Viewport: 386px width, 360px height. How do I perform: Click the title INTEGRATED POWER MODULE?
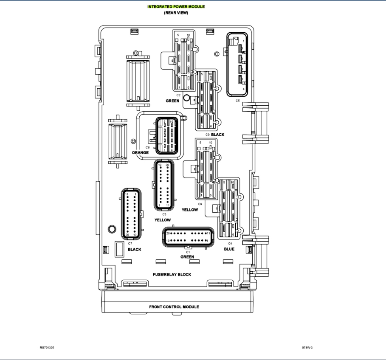(x=176, y=7)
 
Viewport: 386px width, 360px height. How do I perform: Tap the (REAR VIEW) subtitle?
(x=176, y=13)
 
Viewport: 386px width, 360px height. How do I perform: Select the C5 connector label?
(x=237, y=101)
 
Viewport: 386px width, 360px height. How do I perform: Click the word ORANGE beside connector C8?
(x=140, y=152)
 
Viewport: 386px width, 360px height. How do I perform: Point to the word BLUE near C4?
(x=229, y=249)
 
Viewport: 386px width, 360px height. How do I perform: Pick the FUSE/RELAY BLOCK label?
(x=172, y=274)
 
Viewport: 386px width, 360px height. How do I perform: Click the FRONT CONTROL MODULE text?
(x=174, y=307)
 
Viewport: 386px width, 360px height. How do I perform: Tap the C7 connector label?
(x=130, y=243)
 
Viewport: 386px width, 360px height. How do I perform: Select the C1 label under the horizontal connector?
(x=188, y=252)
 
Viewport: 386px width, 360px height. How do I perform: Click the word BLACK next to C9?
(x=218, y=135)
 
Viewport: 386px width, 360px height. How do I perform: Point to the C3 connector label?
(x=164, y=214)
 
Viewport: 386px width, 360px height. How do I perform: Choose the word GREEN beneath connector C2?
(x=172, y=101)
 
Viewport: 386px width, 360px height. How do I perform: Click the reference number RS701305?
(x=47, y=348)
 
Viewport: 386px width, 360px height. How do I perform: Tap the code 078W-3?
(x=307, y=348)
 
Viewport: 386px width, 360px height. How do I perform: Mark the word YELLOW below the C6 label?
(x=190, y=210)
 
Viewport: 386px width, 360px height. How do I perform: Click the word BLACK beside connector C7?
(x=135, y=249)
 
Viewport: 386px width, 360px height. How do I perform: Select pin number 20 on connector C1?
(x=168, y=233)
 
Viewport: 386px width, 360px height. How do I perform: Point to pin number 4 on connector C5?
(x=244, y=89)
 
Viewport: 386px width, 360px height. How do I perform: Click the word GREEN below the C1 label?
(x=187, y=257)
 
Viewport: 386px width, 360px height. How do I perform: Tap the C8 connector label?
(x=147, y=147)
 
